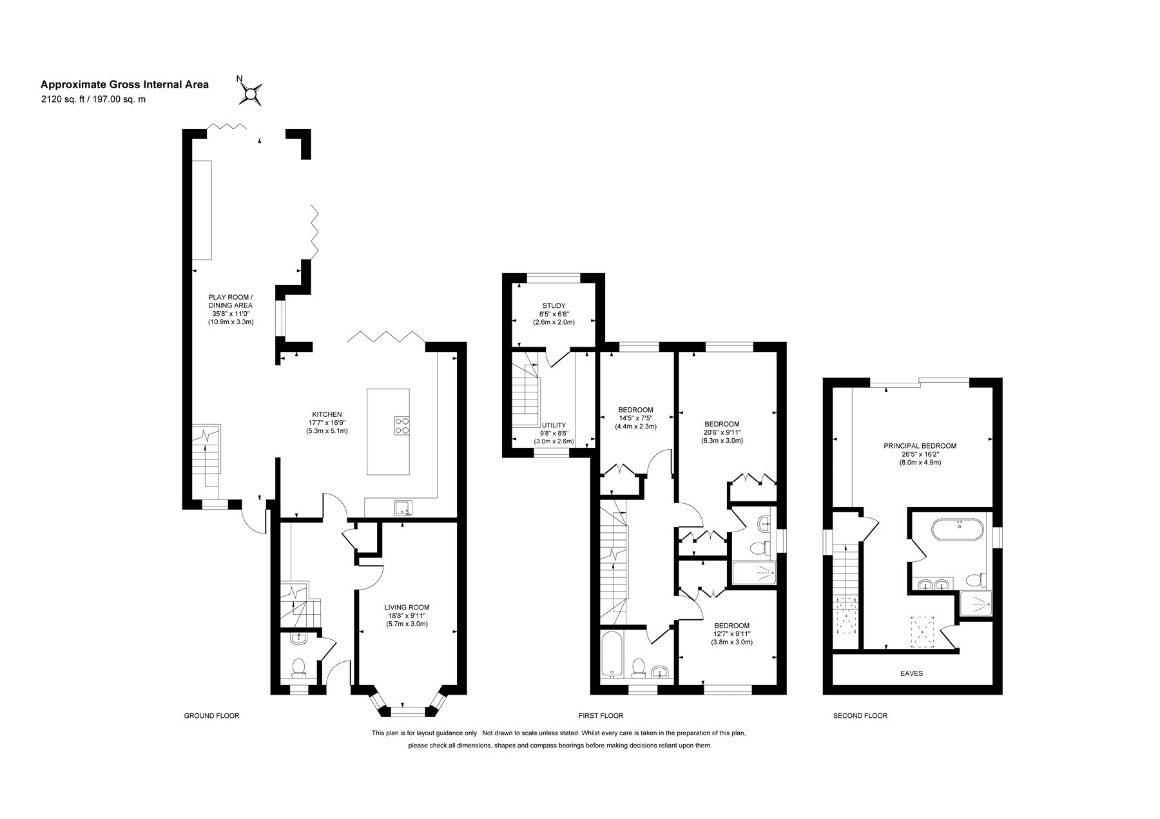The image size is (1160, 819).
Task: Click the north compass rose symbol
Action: point(251,94)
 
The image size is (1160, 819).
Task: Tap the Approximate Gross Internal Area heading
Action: point(124,84)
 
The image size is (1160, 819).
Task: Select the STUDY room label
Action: point(554,306)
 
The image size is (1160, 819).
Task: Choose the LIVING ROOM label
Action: point(407,607)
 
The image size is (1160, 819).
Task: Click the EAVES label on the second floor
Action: point(911,673)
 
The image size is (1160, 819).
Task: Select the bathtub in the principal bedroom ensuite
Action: point(958,532)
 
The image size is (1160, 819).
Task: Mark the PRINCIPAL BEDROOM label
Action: point(920,446)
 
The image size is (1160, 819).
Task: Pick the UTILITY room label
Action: point(554,425)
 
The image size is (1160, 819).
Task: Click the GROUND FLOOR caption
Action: point(211,716)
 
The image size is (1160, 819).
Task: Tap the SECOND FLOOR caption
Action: point(860,716)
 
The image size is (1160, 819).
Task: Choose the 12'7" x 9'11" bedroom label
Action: point(731,633)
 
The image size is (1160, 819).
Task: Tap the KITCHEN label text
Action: point(327,414)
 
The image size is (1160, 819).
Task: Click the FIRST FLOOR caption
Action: point(601,716)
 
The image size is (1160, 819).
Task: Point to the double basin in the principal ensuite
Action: point(932,585)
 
